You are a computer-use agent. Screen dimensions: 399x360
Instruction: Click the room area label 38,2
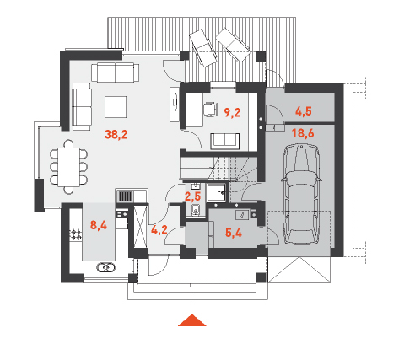[116, 135]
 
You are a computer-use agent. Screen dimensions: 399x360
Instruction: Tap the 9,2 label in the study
[232, 112]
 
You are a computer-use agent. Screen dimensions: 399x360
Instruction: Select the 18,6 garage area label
[303, 133]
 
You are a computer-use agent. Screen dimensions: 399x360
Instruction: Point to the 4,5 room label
[304, 111]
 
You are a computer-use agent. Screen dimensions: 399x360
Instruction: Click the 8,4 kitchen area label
[99, 225]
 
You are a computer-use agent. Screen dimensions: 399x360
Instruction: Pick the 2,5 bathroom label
[192, 196]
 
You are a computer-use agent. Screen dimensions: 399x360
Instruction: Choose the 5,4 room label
[234, 233]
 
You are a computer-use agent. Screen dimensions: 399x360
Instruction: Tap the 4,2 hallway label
[159, 229]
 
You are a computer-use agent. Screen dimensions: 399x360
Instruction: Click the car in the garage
[302, 195]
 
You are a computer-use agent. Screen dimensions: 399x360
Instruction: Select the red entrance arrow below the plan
[192, 320]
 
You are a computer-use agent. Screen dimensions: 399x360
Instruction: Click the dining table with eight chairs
[69, 167]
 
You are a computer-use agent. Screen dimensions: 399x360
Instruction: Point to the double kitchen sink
[105, 267]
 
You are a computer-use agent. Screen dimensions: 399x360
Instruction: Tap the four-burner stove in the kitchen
[76, 234]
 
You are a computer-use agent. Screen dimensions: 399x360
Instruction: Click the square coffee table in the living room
[116, 107]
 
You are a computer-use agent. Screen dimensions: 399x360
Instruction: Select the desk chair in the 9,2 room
[210, 110]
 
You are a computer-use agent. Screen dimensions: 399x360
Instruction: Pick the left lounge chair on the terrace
[203, 48]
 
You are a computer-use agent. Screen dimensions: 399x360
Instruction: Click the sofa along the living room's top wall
[115, 73]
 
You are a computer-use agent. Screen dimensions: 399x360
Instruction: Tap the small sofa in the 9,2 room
[225, 141]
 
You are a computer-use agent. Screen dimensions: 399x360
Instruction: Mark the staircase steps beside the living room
[197, 168]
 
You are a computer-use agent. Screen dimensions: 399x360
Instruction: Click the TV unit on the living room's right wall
[175, 105]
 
